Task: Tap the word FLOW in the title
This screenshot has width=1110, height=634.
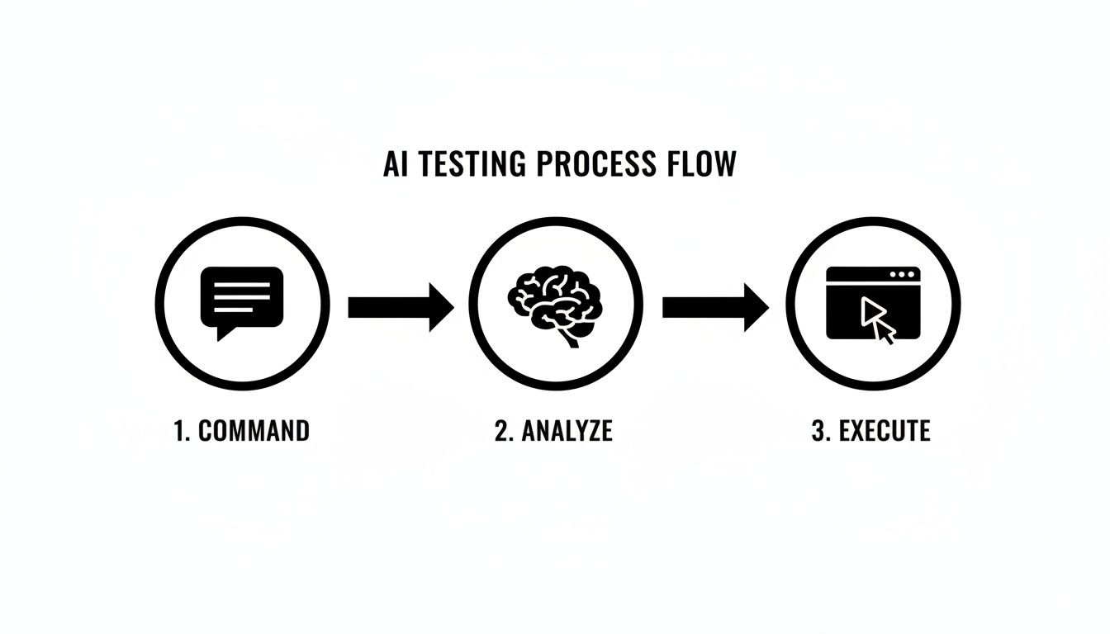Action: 700,164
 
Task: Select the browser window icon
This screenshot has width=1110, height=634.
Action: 873,303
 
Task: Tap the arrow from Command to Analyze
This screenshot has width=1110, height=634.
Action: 401,307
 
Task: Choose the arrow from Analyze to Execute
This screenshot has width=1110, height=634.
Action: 715,307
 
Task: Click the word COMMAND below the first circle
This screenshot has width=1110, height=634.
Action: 254,431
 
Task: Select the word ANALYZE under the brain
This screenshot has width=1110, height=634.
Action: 566,431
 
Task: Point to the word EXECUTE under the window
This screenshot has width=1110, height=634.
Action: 885,431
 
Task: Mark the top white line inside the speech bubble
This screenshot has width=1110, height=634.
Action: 242,285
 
